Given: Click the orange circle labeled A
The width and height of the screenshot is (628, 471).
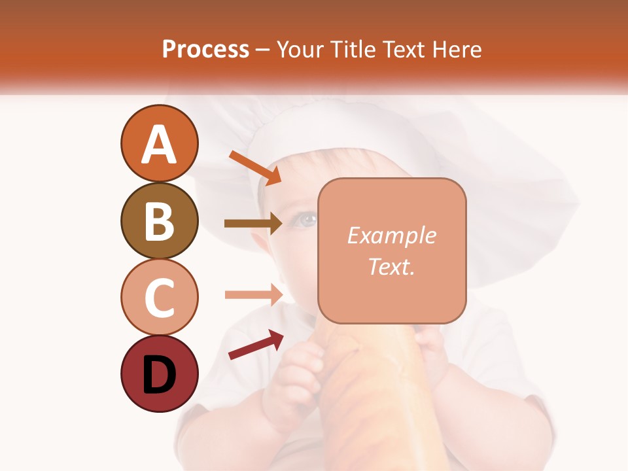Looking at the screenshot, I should coord(160,144).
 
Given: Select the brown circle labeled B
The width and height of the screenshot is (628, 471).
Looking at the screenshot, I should coord(160,220).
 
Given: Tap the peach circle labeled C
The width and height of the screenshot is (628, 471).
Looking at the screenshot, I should coord(160,297).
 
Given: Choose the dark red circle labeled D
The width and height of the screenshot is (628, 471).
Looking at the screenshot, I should coord(160,374).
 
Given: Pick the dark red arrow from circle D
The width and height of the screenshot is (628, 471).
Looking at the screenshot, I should coord(256,345).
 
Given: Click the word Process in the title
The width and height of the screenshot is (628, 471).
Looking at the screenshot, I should coord(205,49).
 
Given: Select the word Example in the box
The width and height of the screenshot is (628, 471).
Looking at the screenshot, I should coord(391,235).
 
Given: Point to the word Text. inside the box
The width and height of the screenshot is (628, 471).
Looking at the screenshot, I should coord(391,266).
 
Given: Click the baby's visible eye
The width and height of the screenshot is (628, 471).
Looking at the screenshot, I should coord(304,220).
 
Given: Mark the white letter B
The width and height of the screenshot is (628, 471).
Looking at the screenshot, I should coord(160,220).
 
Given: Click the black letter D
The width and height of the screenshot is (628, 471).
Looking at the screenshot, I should coord(160,375).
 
